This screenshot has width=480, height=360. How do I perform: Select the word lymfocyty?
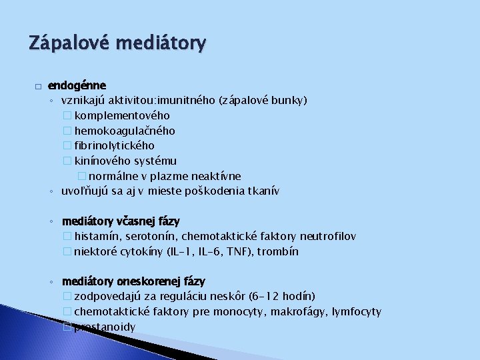point(357,311)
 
